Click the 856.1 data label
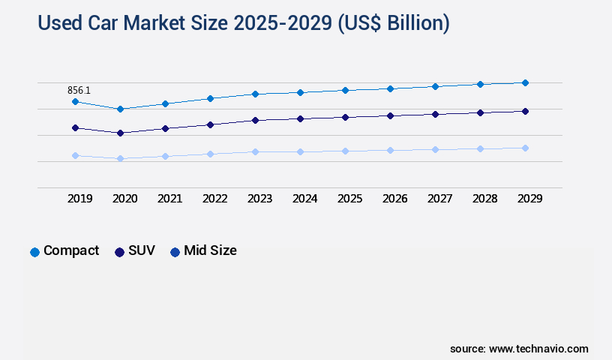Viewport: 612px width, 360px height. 78,90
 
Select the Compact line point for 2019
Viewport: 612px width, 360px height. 75,101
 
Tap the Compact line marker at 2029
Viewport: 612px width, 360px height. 525,82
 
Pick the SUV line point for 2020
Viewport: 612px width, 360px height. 120,133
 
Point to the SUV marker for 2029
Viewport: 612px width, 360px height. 525,111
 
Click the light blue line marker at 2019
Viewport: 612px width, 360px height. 75,155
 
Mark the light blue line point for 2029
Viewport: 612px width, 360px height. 525,148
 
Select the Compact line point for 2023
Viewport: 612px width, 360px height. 255,94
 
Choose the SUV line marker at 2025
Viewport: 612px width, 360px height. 345,117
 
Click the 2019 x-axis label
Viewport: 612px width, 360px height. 79,199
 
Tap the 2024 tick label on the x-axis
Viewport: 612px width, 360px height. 304,199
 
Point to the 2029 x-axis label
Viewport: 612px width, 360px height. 529,199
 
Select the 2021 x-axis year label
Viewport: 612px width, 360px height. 169,199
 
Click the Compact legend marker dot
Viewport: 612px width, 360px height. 34,252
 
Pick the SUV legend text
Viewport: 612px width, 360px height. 142,250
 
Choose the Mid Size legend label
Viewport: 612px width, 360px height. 210,250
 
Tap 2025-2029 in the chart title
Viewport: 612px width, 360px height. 269,23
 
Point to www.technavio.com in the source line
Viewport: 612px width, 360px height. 538,349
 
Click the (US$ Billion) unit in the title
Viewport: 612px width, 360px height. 393,23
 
